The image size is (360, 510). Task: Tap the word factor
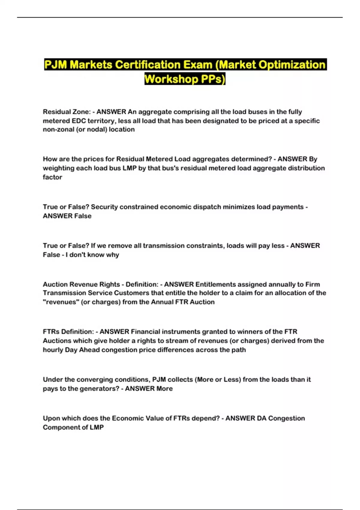(x=52, y=177)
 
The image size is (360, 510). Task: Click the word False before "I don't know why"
(x=51, y=255)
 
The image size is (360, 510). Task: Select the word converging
(x=93, y=379)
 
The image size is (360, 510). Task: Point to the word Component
(x=58, y=427)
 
